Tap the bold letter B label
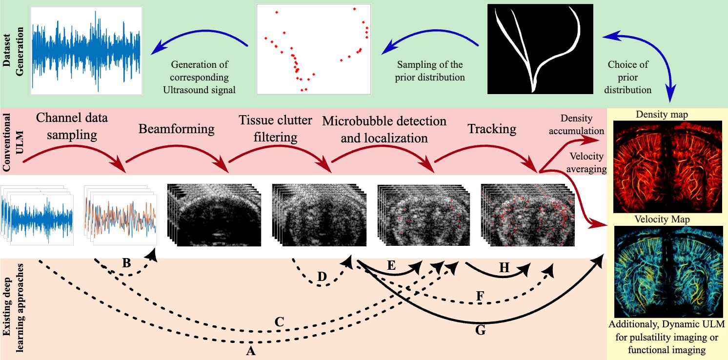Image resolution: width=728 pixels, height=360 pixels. click(x=126, y=264)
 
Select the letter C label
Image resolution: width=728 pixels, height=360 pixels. click(x=279, y=322)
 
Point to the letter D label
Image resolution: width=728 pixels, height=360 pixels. click(x=322, y=276)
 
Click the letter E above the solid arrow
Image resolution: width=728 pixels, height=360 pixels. click(x=390, y=266)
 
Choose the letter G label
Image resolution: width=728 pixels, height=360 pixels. click(x=480, y=330)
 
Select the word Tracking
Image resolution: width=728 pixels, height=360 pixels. click(x=491, y=129)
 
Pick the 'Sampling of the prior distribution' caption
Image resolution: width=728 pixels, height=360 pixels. click(x=430, y=71)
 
